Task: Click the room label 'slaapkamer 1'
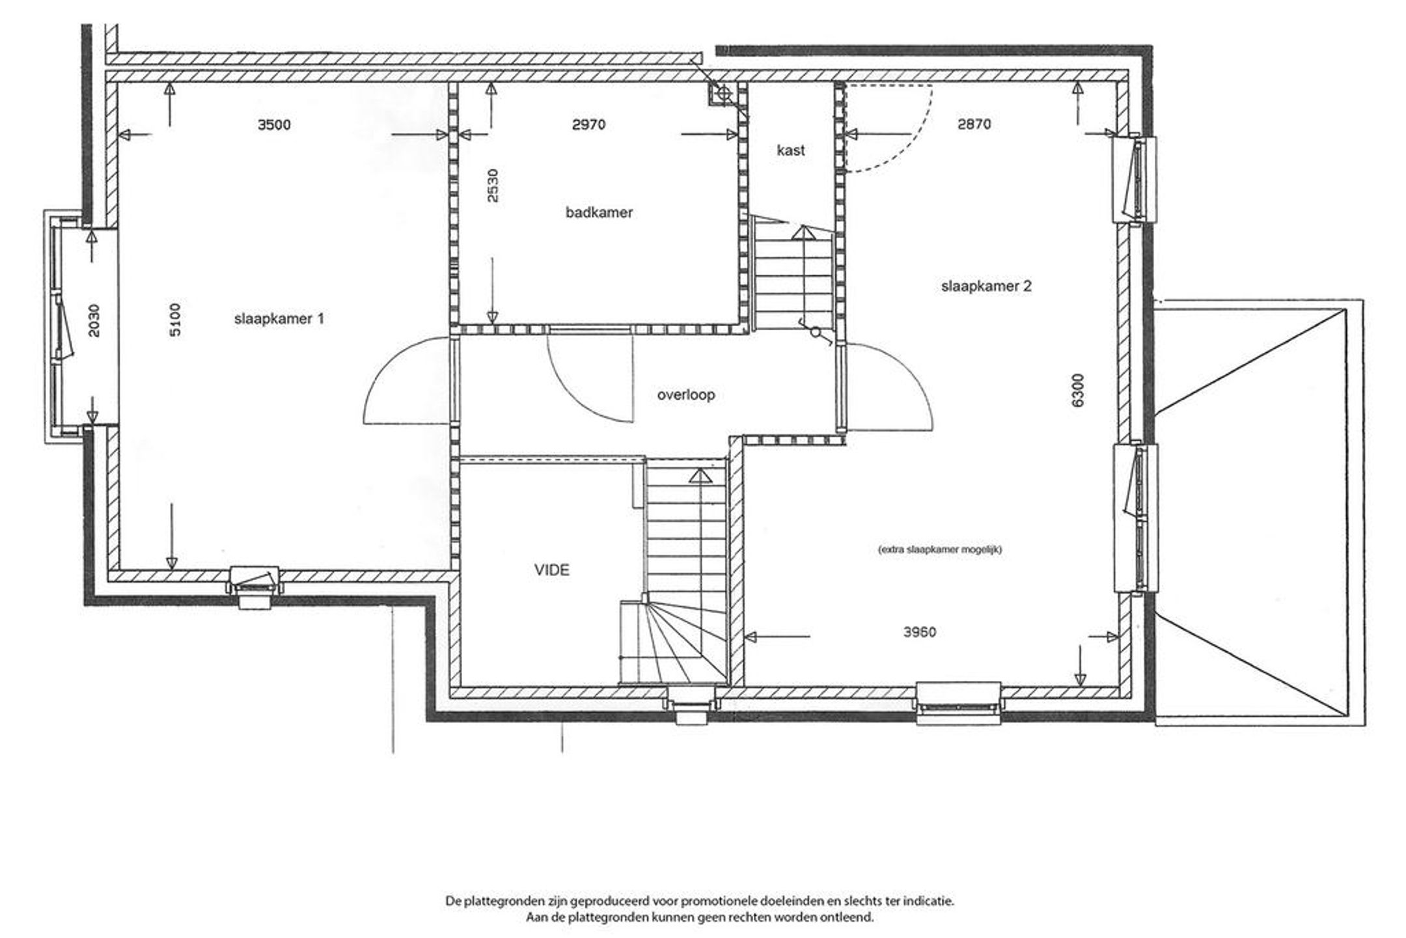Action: (x=279, y=319)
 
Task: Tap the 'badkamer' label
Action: (x=599, y=212)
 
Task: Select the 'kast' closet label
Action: (x=791, y=150)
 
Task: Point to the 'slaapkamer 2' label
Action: (x=986, y=286)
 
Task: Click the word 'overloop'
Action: (x=686, y=395)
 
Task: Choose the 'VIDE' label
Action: (x=552, y=570)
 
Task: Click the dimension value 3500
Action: (x=274, y=124)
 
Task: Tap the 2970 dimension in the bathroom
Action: (x=589, y=124)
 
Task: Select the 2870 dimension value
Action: (x=974, y=124)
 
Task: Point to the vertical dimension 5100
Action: (x=176, y=320)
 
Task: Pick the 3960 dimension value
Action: (x=920, y=632)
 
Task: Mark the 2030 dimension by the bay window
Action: (x=94, y=321)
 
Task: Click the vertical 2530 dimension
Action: (x=493, y=186)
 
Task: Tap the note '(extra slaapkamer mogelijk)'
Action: (x=940, y=549)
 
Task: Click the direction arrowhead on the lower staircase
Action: (x=700, y=476)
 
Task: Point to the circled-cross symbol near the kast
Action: (x=722, y=94)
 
